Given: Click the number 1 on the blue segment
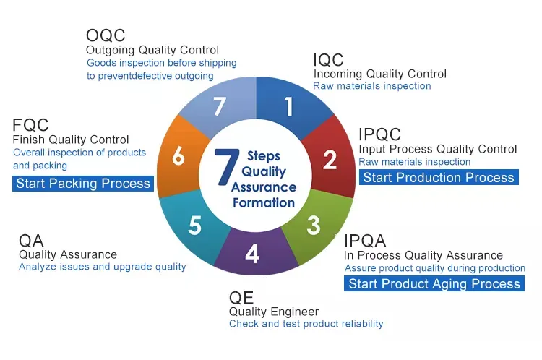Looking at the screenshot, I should click(x=289, y=106).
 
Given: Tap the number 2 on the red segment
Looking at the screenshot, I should click(x=330, y=160).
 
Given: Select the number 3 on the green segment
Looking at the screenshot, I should click(x=313, y=225).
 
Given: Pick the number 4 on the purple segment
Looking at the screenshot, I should click(x=251, y=254).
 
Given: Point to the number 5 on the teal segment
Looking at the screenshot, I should click(x=194, y=226).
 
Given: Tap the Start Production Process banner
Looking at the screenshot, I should click(x=438, y=178).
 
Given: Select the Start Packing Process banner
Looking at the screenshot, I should click(x=83, y=184).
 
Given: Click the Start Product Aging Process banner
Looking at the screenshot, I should click(x=434, y=284).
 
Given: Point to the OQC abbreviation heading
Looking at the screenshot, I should click(x=106, y=35).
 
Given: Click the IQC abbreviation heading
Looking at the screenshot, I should click(x=328, y=59).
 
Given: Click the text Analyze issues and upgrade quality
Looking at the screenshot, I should click(x=102, y=267).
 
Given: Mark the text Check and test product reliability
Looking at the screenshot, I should click(x=306, y=324).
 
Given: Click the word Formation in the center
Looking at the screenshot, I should click(x=263, y=203).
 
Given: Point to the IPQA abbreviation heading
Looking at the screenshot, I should click(x=365, y=241).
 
